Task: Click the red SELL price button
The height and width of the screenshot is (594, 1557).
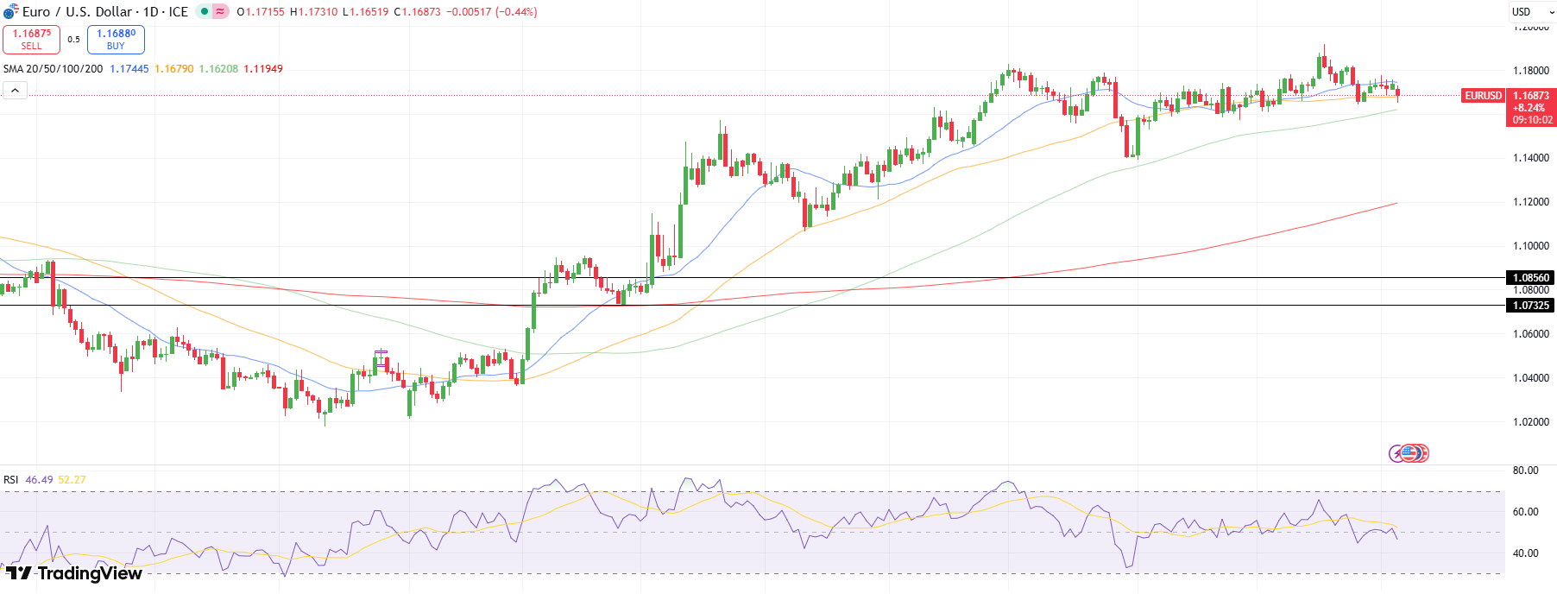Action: click(31, 40)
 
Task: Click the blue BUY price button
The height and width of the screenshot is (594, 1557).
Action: click(116, 40)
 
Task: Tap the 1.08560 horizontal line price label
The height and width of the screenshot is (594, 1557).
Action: click(1530, 278)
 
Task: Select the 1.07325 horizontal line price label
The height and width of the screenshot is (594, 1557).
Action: click(1530, 306)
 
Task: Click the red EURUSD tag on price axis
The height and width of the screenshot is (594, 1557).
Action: click(1483, 96)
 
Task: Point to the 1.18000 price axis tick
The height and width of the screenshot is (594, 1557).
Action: click(1530, 71)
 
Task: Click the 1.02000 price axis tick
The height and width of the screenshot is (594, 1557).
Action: click(1530, 422)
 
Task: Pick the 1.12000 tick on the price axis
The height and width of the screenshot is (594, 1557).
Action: click(1530, 202)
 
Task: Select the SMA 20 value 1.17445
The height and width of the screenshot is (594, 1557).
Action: click(129, 69)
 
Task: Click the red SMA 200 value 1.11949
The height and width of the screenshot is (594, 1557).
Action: click(263, 69)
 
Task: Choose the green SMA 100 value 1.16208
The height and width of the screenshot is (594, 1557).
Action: click(218, 69)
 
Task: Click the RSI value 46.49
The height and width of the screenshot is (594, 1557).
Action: click(39, 480)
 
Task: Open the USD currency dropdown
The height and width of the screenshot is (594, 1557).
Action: click(1531, 12)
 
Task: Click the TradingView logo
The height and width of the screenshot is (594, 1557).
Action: click(74, 573)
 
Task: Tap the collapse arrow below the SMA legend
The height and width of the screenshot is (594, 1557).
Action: click(15, 90)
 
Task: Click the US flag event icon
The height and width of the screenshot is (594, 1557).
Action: click(1409, 453)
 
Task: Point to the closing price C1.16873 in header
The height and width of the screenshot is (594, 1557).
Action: click(418, 12)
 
